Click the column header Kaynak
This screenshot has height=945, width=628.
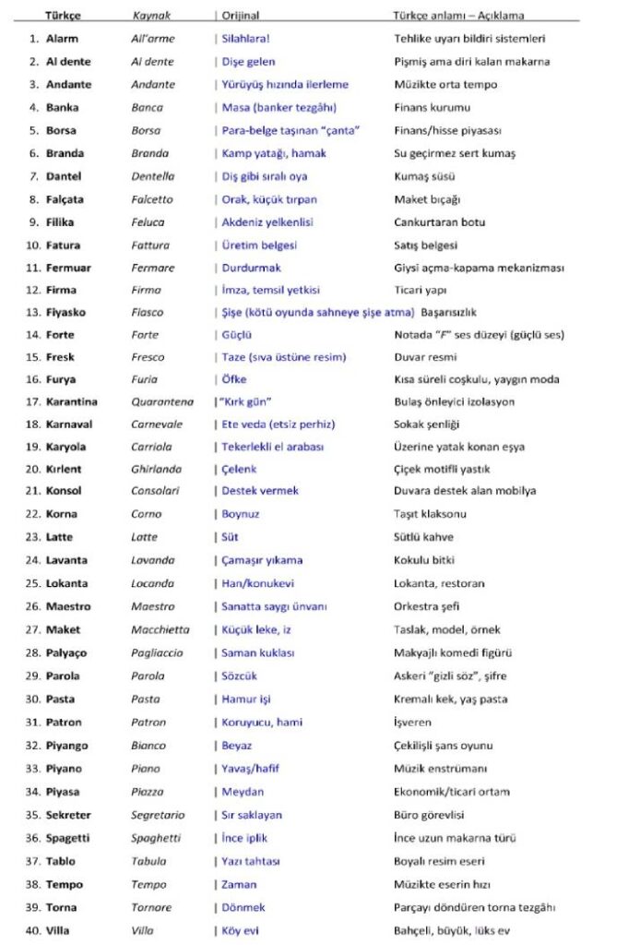coord(151,16)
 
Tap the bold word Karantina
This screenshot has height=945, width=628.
coord(71,402)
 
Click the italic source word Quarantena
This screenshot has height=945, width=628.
coord(162,402)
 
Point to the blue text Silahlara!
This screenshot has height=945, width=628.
coord(246,39)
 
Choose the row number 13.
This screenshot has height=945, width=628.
coord(32,313)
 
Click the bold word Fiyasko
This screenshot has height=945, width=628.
coord(65,313)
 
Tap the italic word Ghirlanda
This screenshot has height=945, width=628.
coord(156,469)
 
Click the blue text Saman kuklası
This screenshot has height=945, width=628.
coord(258,652)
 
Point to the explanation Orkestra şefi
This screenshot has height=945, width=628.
coord(427,606)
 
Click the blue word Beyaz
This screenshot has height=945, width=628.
coord(237,746)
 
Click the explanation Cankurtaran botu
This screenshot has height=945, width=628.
coord(439,222)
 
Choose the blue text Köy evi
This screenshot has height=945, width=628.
coord(241,930)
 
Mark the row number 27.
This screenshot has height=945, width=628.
coord(32,629)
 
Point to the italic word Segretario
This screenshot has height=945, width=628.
coord(157,815)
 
